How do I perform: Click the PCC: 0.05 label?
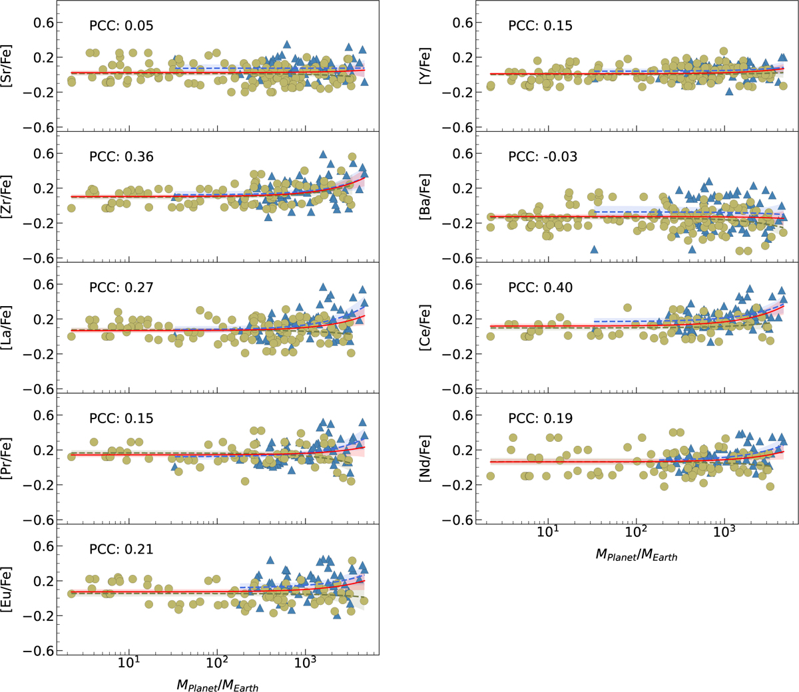tap(121, 26)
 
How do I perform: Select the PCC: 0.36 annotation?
tap(121, 157)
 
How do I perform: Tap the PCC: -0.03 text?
tap(543, 157)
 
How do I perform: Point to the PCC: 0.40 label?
tap(540, 287)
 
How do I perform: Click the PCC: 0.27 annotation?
tap(121, 287)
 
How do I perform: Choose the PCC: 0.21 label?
tap(121, 549)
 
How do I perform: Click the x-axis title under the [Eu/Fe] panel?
tap(217, 684)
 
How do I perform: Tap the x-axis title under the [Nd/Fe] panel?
tap(636, 554)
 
